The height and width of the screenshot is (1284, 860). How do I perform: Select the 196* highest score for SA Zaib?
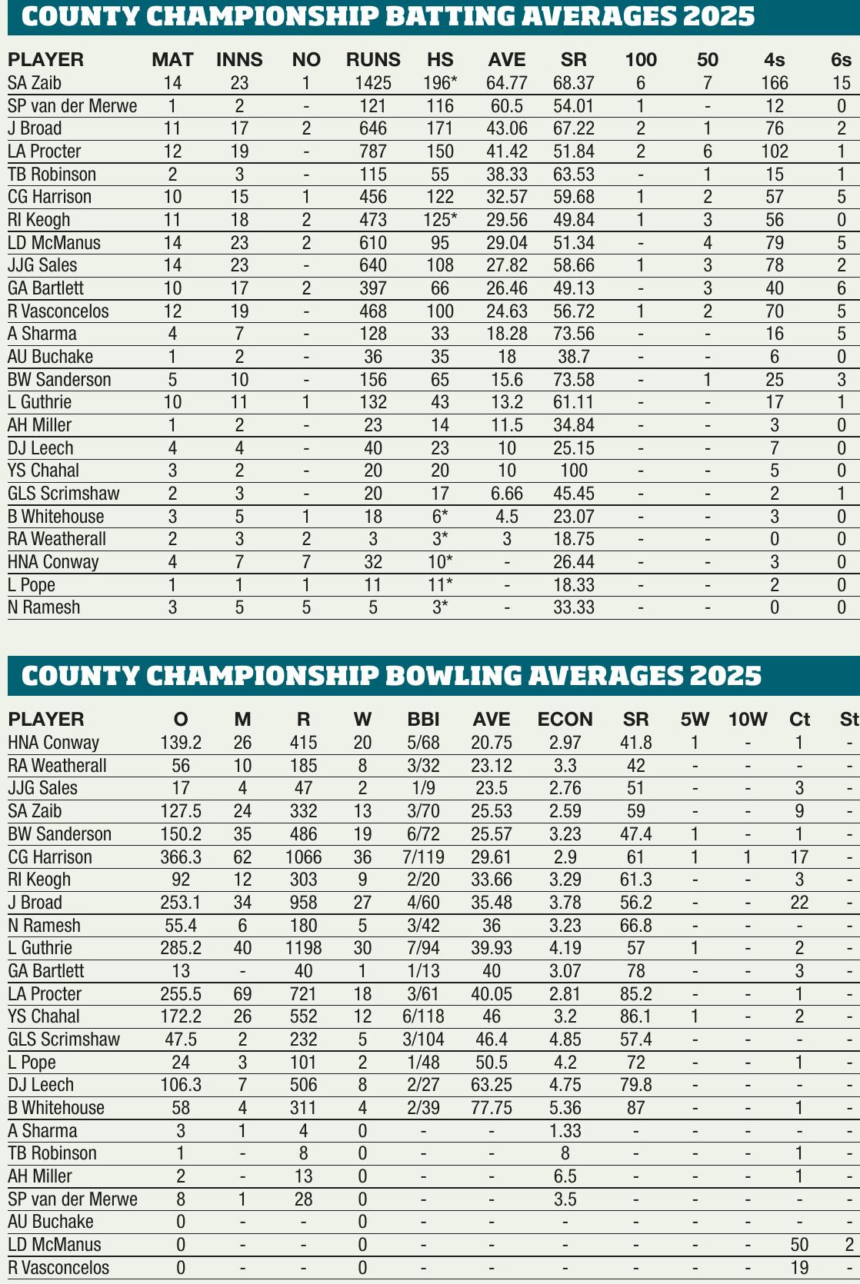(440, 83)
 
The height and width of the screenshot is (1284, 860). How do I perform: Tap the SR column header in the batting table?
(574, 60)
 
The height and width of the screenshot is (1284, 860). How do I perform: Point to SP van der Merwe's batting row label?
(72, 106)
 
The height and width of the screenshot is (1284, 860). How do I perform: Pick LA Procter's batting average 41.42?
(507, 151)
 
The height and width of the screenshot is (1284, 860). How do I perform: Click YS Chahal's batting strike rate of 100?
(574, 471)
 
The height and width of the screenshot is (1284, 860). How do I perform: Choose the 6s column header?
(841, 60)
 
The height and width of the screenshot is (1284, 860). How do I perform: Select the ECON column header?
(565, 720)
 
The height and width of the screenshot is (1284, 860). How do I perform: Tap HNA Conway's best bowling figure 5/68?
(423, 743)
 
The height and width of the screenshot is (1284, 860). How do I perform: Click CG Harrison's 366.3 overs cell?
(181, 857)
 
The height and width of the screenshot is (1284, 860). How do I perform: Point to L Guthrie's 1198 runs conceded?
(303, 948)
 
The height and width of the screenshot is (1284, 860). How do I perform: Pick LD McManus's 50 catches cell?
(799, 1245)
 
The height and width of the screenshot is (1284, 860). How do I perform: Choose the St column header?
(848, 720)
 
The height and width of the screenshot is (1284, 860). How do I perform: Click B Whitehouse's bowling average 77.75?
(492, 1108)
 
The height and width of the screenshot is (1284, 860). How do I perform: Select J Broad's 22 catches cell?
(799, 903)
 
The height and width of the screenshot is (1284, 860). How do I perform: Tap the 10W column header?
(748, 720)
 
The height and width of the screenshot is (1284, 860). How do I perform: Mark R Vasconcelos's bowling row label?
(58, 1268)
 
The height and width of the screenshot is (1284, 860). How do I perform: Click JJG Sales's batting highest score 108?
(440, 265)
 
